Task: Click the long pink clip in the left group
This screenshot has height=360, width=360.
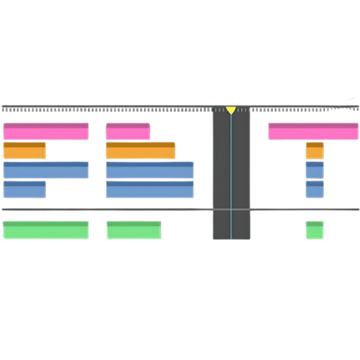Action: (x=45, y=131)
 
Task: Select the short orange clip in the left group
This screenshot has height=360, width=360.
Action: (x=24, y=151)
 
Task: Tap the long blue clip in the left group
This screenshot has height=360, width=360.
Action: (x=45, y=170)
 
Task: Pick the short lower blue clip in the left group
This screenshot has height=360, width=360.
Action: (x=24, y=189)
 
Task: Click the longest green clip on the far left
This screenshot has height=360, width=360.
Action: (x=45, y=229)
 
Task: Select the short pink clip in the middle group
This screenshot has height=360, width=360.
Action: (x=128, y=131)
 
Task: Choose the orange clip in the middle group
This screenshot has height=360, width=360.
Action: (x=140, y=151)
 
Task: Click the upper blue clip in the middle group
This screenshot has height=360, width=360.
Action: (x=150, y=170)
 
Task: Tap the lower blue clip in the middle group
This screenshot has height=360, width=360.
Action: (x=150, y=189)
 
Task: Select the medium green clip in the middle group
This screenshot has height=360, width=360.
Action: (x=134, y=229)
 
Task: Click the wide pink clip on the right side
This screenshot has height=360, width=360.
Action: (x=312, y=131)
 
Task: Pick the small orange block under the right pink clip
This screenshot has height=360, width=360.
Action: (x=315, y=151)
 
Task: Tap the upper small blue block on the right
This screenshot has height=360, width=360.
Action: (x=314, y=170)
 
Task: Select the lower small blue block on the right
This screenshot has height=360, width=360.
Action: (x=314, y=189)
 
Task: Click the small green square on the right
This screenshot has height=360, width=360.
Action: (x=315, y=229)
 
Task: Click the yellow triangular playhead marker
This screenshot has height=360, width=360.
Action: (x=231, y=108)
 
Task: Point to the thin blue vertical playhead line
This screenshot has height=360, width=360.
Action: (x=231, y=180)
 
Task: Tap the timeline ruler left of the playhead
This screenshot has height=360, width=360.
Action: (x=100, y=108)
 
